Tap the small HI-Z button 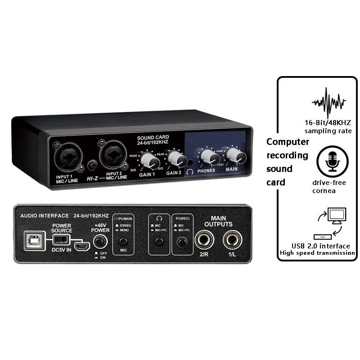click(x=93, y=165)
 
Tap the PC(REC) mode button click(x=182, y=243)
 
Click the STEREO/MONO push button click(x=121, y=242)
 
